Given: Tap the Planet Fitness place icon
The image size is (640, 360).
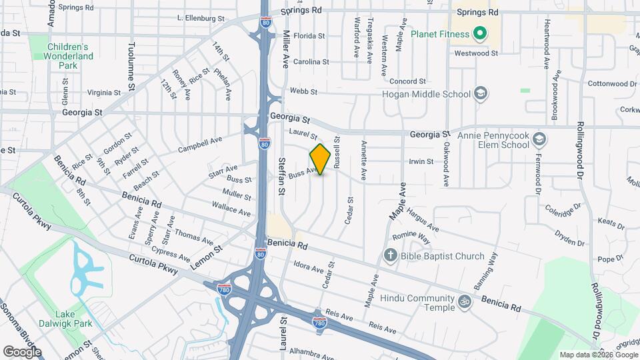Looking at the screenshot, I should (x=478, y=33).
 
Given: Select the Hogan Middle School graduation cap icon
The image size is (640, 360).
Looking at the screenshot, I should (x=481, y=94).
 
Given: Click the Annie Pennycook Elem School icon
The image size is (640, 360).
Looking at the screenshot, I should (x=540, y=140).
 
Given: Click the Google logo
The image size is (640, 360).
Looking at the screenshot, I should (x=22, y=351).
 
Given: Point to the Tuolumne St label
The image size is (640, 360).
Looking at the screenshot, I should (x=131, y=66).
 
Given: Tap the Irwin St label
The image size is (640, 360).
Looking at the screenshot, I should (x=421, y=162).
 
